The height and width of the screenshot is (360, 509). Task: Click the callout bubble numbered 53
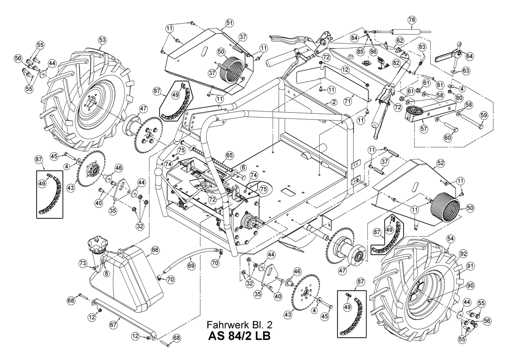pos(102,40)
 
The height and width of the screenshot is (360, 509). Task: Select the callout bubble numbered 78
pos(411,20)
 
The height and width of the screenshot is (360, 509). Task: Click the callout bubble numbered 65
pos(229,155)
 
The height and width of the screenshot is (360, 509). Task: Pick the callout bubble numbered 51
pos(229,22)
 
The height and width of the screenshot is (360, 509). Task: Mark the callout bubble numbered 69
pos(191,266)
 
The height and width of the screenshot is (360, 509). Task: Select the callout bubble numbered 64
pos(469,56)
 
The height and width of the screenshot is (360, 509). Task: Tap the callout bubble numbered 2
pos(334,102)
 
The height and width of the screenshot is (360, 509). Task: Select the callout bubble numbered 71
pos(347,102)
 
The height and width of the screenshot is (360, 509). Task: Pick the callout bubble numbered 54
pos(450,239)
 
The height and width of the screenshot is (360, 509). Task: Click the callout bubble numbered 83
pos(421,47)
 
